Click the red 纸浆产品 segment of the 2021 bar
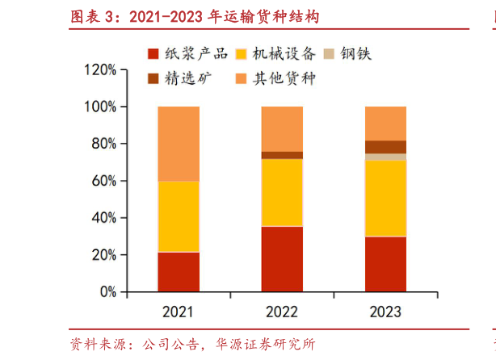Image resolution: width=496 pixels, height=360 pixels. pos(179,272)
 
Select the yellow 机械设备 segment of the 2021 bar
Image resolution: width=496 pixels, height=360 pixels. pos(179,216)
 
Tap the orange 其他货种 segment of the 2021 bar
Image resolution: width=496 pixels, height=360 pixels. pos(179,144)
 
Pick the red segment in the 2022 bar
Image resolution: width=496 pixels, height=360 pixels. pos(282,259)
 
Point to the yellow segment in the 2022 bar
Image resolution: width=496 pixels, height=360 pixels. pos(282,192)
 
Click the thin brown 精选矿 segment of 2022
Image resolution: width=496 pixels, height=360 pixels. pos(282,155)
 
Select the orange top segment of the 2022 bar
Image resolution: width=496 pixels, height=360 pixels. pos(282,128)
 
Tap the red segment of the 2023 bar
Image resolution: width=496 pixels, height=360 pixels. pos(385,264)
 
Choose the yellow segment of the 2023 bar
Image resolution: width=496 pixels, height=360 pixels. pos(385,199)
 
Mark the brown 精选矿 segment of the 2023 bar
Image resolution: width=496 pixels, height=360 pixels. pos(385,147)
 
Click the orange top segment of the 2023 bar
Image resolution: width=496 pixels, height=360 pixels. pos(385,123)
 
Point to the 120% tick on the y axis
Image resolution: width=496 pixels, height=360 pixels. pos(100,70)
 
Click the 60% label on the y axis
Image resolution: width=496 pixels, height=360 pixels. pos(103,182)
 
